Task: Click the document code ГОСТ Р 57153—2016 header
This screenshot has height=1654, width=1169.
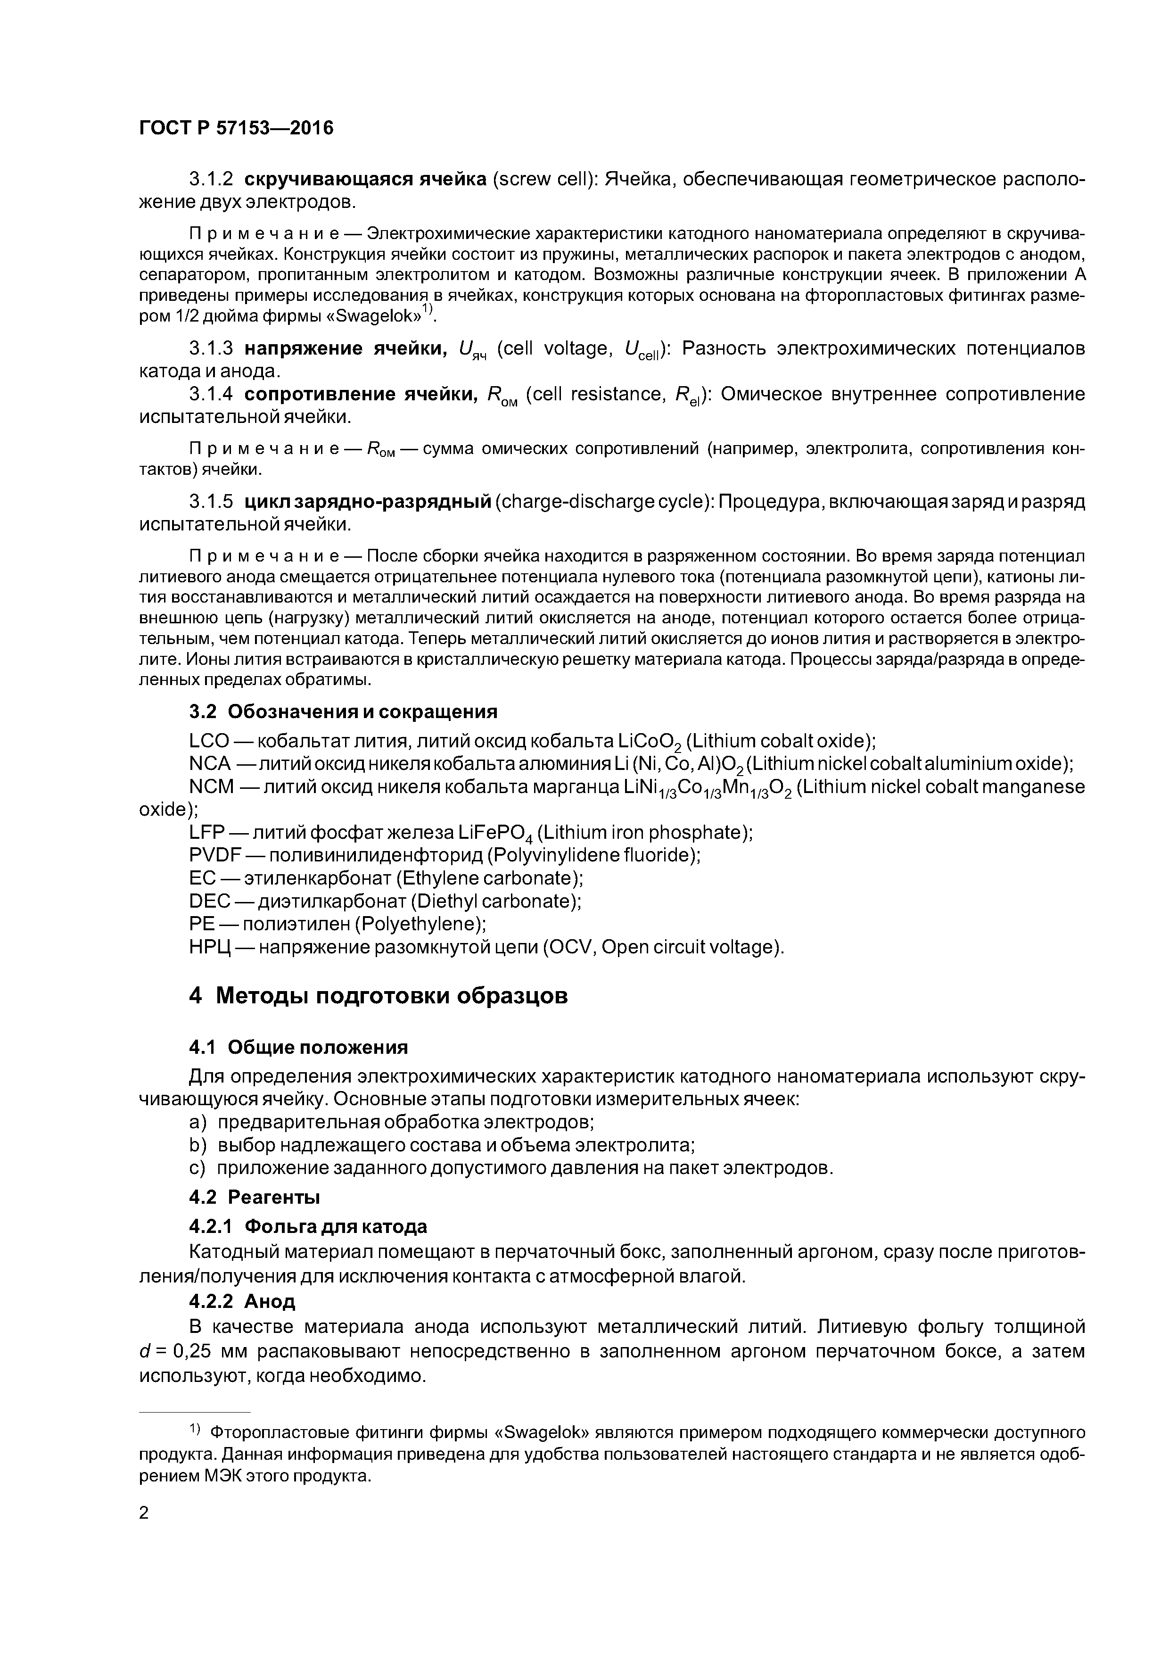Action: tap(236, 128)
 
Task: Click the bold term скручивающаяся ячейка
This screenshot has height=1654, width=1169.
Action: tap(366, 179)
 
